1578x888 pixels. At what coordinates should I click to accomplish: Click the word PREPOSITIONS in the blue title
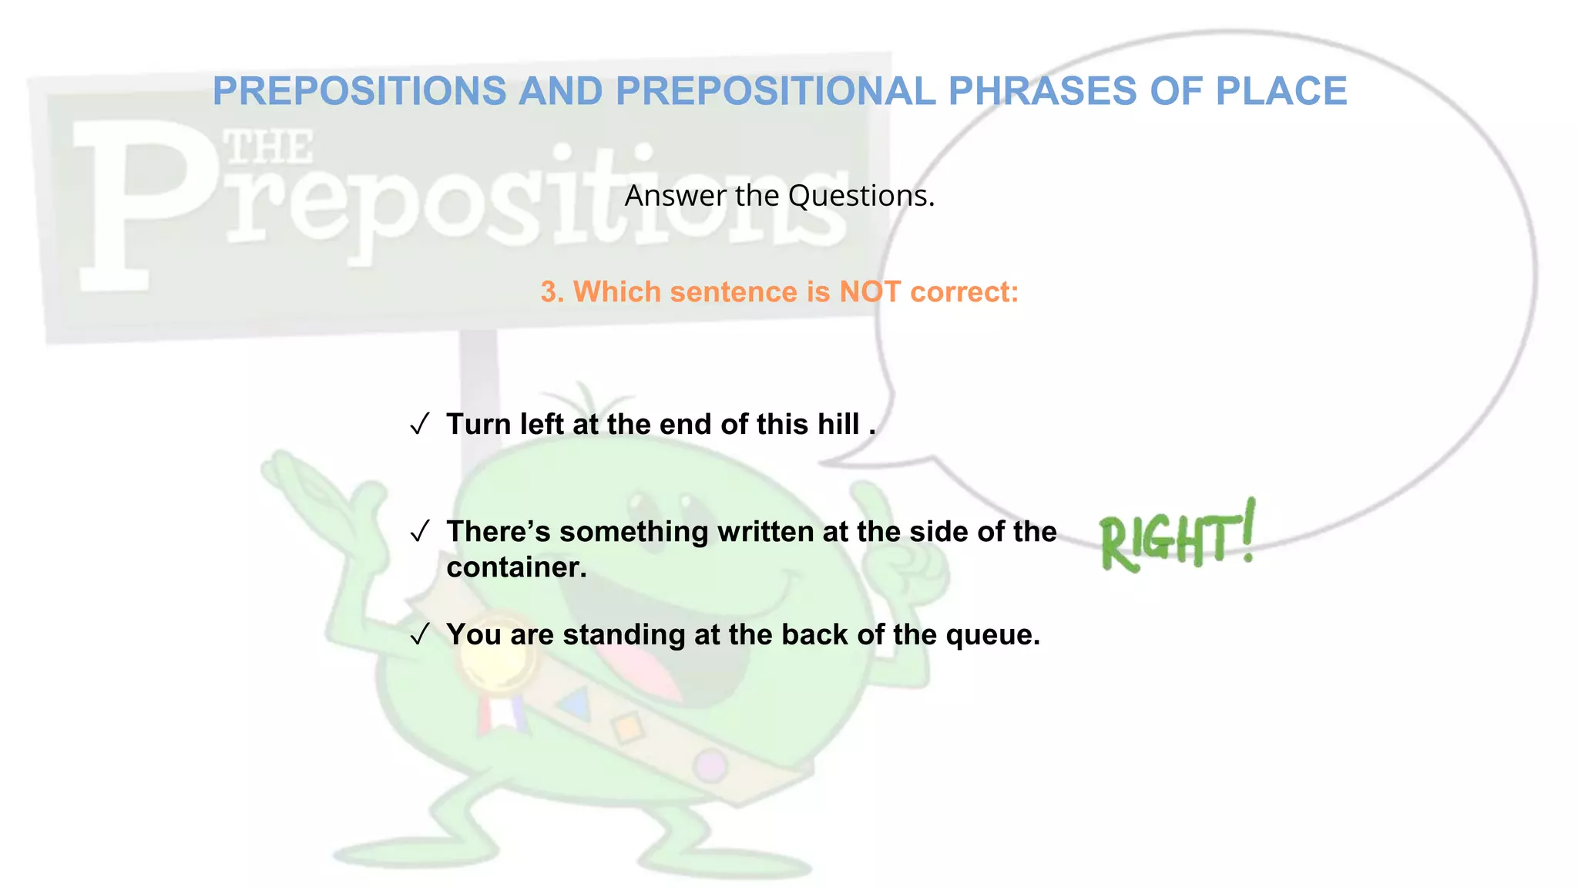click(x=359, y=91)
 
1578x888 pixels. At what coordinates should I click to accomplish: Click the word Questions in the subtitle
click(x=861, y=196)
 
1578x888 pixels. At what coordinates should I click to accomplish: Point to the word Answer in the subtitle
click(x=675, y=196)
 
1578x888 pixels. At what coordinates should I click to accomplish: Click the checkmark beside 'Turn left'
click(x=419, y=424)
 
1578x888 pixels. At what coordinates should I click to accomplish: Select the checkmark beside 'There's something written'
click(x=419, y=531)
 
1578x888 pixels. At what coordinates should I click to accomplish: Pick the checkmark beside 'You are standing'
click(x=419, y=634)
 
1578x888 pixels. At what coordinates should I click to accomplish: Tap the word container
click(x=516, y=567)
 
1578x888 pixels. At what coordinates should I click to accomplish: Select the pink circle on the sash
click(x=710, y=765)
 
